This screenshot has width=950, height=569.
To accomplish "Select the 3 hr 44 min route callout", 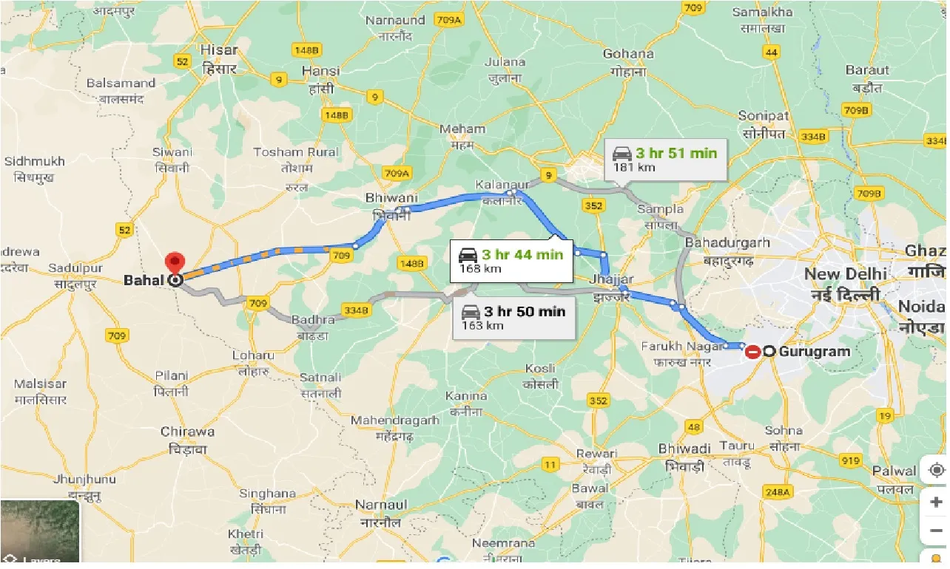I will pos(513,261).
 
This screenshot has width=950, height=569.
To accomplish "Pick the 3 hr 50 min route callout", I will pos(513,317).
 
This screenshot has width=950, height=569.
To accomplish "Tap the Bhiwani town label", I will pos(391,205).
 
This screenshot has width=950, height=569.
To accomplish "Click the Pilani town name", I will pos(172,383).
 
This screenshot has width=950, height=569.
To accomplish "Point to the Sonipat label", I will pos(764,123).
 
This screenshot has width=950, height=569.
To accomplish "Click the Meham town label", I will pos(462,135).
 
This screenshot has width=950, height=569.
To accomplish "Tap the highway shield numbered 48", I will pos(693,426).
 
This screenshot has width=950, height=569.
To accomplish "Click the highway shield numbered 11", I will pos(550,465).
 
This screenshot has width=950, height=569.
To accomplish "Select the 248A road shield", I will pos(778,491).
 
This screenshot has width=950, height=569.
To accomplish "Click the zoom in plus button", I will pos(936,502).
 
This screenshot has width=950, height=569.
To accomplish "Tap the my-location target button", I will pos(936,471).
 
